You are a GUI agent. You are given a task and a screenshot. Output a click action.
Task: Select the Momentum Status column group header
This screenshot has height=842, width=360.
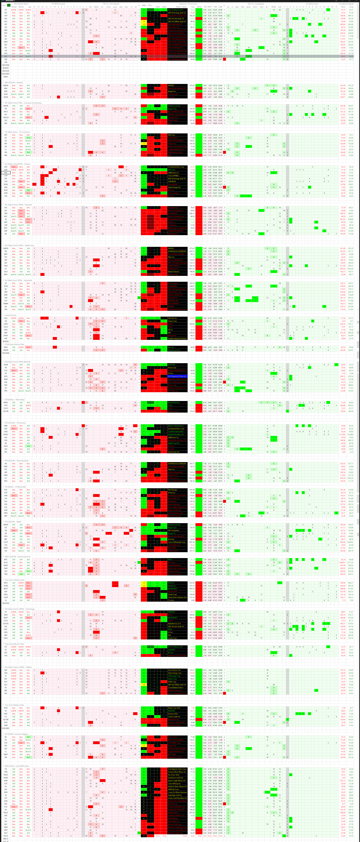click(21, 4)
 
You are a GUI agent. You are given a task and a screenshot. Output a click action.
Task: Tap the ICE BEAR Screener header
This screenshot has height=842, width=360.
click(58, 4)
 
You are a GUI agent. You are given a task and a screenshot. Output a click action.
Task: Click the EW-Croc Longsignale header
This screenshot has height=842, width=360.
click(255, 4)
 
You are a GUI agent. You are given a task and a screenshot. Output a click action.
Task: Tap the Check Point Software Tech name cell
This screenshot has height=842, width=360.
click(177, 597)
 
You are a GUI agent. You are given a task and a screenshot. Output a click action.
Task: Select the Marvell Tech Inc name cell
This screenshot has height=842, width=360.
click(177, 402)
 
